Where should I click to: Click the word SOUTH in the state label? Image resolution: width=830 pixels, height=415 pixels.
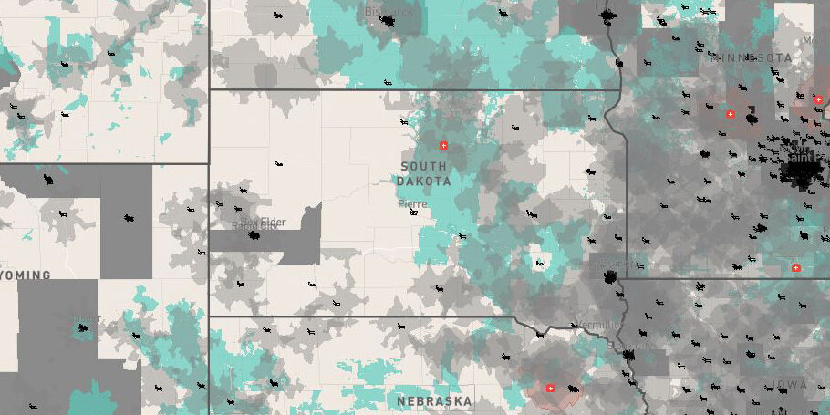click(423, 167)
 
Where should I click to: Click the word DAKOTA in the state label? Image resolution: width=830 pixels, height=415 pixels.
click(423, 182)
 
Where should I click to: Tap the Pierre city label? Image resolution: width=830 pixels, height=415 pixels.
click(411, 203)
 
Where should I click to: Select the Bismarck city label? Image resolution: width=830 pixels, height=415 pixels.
click(389, 12)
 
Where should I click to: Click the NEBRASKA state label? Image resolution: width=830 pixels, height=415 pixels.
click(434, 400)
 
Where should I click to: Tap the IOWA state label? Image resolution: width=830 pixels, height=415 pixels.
click(790, 385)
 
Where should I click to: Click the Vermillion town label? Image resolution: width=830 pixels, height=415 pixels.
click(597, 325)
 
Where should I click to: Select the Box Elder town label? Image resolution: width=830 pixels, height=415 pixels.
click(262, 222)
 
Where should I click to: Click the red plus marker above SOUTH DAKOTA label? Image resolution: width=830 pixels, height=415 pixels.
click(444, 145)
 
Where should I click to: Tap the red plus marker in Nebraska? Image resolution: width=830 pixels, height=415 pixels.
click(550, 389)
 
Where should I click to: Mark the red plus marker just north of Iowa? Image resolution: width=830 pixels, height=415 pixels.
click(795, 268)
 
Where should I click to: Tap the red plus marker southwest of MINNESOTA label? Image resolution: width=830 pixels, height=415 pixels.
click(730, 114)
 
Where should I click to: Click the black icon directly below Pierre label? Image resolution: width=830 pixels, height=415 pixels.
click(415, 213)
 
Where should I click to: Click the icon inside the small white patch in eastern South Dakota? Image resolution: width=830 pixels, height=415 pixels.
click(540, 264)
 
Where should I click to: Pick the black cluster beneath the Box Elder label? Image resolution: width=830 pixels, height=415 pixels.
click(254, 234)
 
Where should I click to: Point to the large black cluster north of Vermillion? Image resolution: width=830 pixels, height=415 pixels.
click(608, 275)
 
